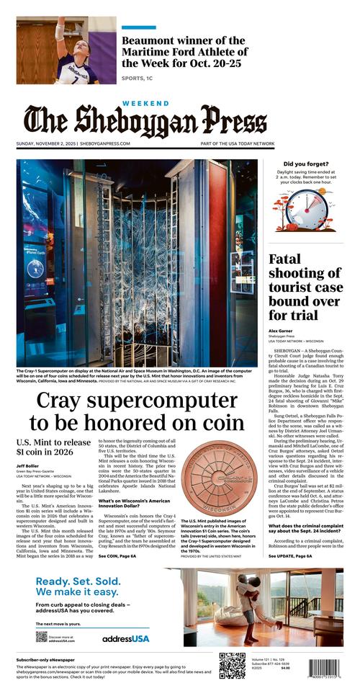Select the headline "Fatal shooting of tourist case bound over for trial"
click(x=305, y=287)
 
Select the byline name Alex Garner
click(x=282, y=331)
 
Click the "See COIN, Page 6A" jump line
click(x=117, y=556)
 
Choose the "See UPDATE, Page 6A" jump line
click(x=290, y=556)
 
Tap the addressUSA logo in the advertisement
click(x=125, y=638)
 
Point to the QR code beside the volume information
click(x=232, y=666)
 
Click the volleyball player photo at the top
click(x=66, y=50)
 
